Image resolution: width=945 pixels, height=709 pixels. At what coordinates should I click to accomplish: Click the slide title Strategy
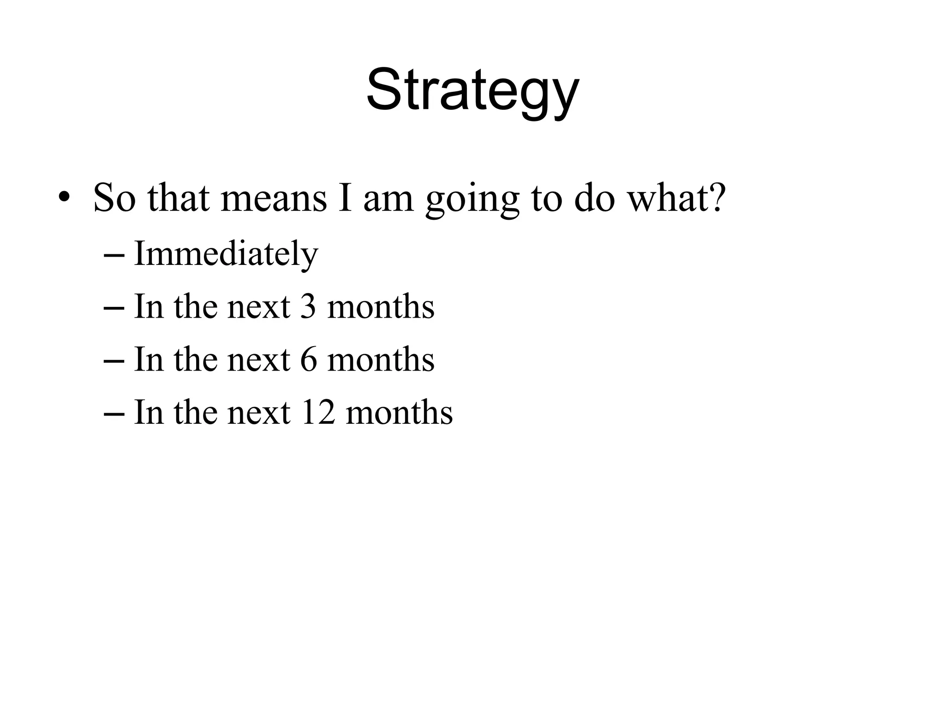pos(472,90)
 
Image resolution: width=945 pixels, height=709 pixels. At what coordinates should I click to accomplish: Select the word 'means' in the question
pos(274,198)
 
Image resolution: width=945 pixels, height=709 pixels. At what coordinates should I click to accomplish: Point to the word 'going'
pos(472,201)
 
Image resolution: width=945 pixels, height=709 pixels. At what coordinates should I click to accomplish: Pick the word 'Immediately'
pos(226,254)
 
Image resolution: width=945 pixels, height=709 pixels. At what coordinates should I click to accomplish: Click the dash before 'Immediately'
pos(114,255)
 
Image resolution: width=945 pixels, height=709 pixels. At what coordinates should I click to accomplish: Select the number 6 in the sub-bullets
pos(309,359)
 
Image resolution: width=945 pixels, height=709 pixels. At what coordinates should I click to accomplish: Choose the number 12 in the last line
pos(317,412)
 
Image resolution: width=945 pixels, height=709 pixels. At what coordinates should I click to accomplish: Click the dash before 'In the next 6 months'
pos(114,360)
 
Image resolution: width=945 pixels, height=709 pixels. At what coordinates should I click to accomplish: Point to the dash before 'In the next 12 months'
pos(114,413)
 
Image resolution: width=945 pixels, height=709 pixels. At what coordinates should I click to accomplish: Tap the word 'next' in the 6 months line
pos(259,360)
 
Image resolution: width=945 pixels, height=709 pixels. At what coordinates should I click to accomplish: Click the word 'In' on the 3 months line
pos(149,306)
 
